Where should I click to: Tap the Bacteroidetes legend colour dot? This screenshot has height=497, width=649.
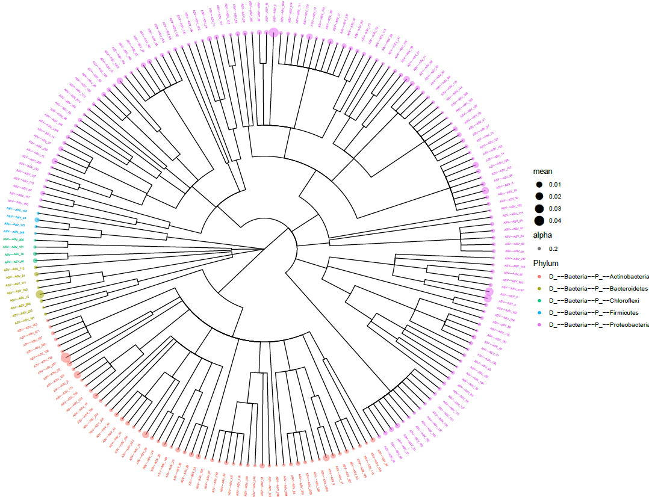[539, 289]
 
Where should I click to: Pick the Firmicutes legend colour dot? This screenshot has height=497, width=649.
[539, 313]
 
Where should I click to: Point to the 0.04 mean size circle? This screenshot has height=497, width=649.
[539, 220]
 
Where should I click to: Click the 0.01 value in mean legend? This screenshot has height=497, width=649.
[554, 185]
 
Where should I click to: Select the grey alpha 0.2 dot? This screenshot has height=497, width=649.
[539, 248]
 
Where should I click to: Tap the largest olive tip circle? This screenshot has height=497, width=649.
[40, 294]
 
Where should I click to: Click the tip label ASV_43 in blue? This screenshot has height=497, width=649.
[16, 218]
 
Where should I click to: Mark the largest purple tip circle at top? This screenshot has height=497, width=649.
[273, 32]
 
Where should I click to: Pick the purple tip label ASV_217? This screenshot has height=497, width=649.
[515, 259]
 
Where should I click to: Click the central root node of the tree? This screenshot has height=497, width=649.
[265, 248]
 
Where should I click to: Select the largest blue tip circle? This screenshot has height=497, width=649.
[37, 220]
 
